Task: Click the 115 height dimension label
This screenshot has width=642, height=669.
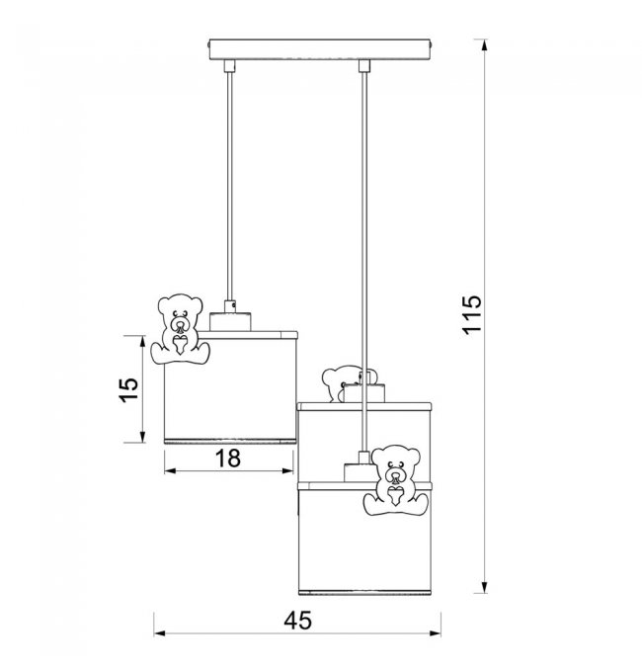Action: [x=473, y=314]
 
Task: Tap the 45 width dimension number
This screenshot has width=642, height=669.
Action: [x=297, y=620]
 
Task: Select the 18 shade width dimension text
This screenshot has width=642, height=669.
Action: [x=228, y=459]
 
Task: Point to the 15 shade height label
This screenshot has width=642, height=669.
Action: [x=128, y=389]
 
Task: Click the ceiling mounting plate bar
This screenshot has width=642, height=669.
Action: [x=320, y=49]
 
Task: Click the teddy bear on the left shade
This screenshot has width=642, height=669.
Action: [x=180, y=329]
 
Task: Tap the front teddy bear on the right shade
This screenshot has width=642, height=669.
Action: [x=395, y=480]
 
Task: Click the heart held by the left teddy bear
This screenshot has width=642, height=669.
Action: [x=180, y=344]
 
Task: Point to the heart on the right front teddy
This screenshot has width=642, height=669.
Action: [x=395, y=496]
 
